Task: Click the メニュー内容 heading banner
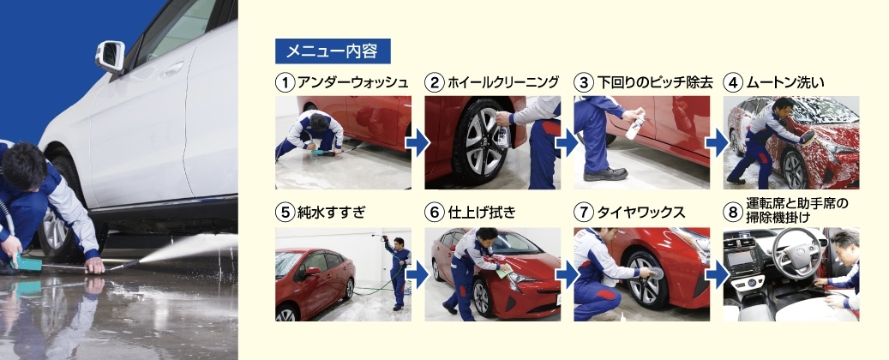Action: coord(333,51)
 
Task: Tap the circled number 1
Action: coord(285,83)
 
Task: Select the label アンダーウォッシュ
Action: coord(352,83)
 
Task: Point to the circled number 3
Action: coord(584,83)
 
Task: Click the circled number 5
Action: coord(285,213)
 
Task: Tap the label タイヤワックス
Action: coord(641,213)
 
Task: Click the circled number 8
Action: coord(733,213)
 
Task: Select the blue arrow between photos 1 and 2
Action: coord(417,143)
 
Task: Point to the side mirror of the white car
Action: coord(111,56)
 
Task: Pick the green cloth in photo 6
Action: coord(504,273)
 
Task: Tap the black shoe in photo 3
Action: coord(605,174)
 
